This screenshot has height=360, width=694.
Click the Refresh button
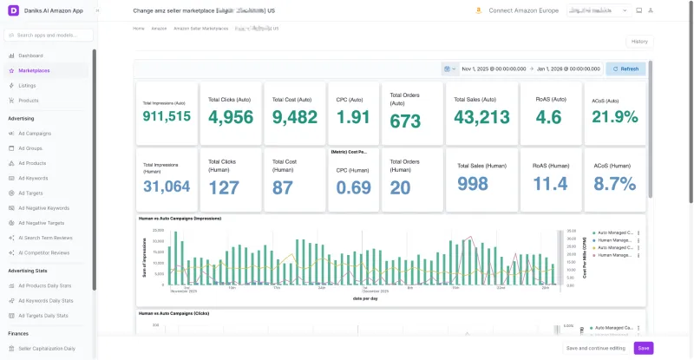(x=625, y=69)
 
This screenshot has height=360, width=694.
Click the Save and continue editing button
(x=595, y=348)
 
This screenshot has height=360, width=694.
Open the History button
(x=638, y=41)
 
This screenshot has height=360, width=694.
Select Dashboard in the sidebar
(x=30, y=56)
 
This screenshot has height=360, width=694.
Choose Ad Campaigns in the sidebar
(x=35, y=133)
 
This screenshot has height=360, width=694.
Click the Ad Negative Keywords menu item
(x=43, y=207)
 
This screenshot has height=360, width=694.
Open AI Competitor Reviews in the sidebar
(x=43, y=252)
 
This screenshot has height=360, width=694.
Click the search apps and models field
(x=50, y=36)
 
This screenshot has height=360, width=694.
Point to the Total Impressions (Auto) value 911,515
(x=167, y=116)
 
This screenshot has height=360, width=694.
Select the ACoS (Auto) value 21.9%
(x=613, y=116)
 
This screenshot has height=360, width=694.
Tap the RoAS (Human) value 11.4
(x=550, y=183)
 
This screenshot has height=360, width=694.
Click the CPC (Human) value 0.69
(x=353, y=187)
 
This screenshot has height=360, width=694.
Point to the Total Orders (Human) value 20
(x=400, y=187)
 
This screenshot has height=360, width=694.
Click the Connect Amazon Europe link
(x=522, y=11)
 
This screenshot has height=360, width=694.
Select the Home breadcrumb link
(x=139, y=28)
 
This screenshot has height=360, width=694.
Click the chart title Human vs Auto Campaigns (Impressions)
(x=180, y=219)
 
